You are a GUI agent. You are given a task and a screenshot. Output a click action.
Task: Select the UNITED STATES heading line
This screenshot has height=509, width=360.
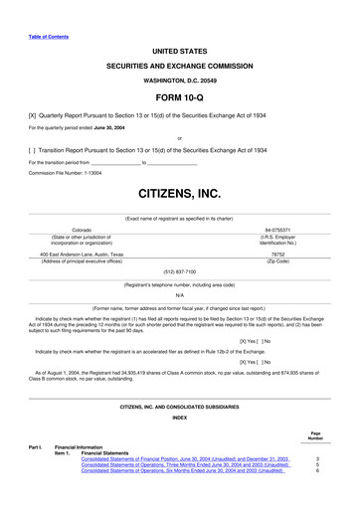point(179,49)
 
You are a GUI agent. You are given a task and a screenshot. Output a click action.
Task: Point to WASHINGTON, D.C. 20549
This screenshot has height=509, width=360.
point(179,80)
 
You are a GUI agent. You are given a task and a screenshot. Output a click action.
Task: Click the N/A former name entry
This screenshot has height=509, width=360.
point(179,293)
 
